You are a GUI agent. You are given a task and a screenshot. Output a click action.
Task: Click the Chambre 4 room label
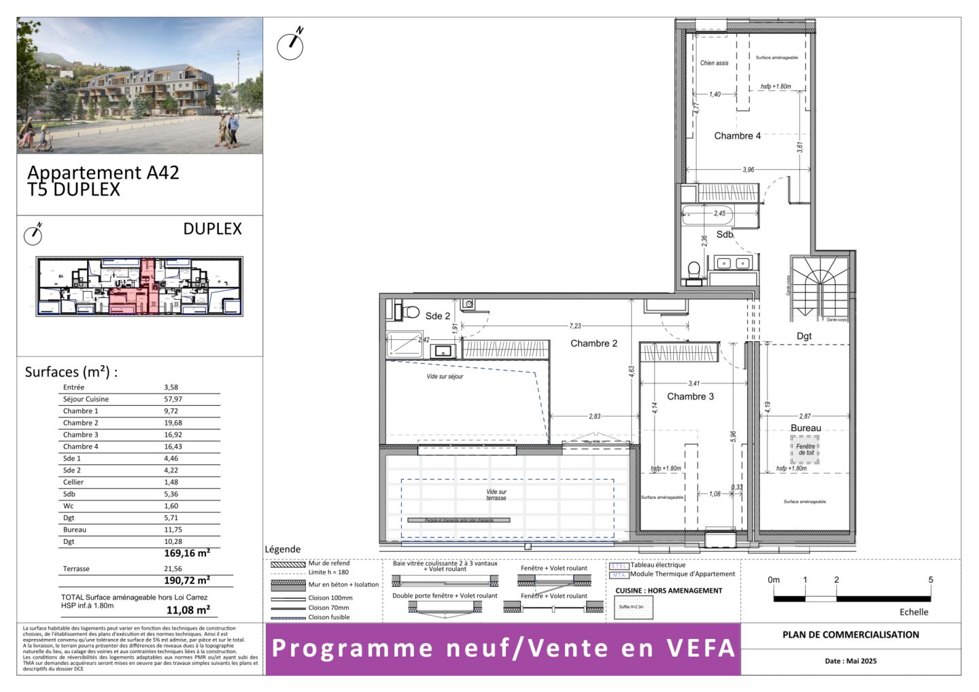coord(737,136)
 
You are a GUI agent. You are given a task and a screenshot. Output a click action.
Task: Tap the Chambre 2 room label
coord(594,343)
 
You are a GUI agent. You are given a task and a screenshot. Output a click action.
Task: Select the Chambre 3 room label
coord(690,396)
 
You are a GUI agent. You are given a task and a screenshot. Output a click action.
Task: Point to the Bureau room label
coord(806,428)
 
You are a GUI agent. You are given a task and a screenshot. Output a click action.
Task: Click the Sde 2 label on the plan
coord(437,316)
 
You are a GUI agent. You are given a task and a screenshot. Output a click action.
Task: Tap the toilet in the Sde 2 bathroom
coord(410,312)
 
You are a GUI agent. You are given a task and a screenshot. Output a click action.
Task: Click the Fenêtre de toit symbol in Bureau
coord(805,450)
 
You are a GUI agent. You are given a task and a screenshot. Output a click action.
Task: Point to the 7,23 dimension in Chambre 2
coord(575,326)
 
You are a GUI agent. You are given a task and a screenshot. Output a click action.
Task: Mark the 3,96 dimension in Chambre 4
coord(748,170)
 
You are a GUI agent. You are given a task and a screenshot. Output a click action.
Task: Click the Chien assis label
coord(714,63)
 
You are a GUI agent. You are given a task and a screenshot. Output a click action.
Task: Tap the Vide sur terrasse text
coord(496,495)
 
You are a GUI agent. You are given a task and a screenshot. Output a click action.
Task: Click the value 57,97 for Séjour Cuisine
coord(173,399)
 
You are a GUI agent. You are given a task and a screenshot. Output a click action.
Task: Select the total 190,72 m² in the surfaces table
coord(187,581)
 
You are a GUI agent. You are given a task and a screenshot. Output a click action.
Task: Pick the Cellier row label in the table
coord(73,482)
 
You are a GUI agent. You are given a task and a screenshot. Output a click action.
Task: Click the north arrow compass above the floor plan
coord(291,45)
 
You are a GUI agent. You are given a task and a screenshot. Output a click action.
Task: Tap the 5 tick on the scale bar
coord(930,580)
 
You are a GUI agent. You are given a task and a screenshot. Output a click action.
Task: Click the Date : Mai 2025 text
coord(851,661)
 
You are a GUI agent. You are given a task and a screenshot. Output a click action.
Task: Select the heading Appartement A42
coord(103,173)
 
